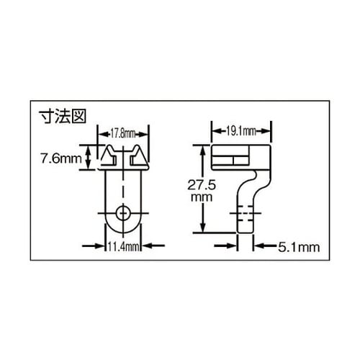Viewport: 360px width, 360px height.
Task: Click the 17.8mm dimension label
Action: click(x=124, y=132)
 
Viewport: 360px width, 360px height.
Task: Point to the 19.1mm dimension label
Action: click(x=241, y=130)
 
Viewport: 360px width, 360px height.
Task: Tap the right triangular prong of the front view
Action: click(x=140, y=157)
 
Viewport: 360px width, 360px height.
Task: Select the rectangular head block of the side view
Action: click(x=242, y=157)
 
